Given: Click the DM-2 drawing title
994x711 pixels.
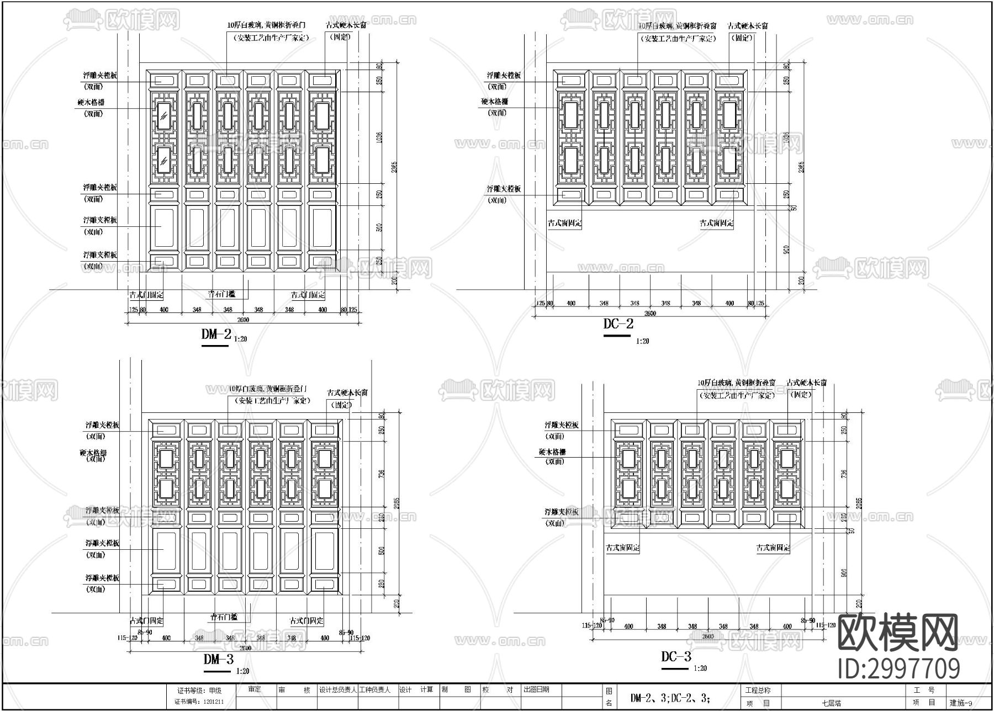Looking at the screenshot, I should [216, 333].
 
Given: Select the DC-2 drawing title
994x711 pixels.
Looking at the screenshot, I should [617, 323].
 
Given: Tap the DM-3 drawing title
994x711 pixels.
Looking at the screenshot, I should [218, 659].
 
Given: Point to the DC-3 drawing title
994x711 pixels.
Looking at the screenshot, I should [676, 656].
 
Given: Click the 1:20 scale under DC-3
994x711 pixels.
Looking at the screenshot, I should [700, 668].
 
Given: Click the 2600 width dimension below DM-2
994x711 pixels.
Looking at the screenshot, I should [243, 320].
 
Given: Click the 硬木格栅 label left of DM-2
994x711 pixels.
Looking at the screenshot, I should [91, 103].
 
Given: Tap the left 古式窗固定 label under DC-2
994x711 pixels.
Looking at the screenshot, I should [564, 223].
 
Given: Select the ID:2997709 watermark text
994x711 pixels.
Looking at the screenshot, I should [899, 668].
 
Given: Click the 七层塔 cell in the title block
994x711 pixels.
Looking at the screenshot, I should [831, 704].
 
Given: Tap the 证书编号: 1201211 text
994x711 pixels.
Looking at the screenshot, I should [199, 702].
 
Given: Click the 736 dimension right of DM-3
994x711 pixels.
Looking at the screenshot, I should [381, 473].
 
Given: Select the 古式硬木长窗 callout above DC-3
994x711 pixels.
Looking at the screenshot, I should [807, 383].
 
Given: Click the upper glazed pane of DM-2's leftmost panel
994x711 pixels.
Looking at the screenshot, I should [163, 116].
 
